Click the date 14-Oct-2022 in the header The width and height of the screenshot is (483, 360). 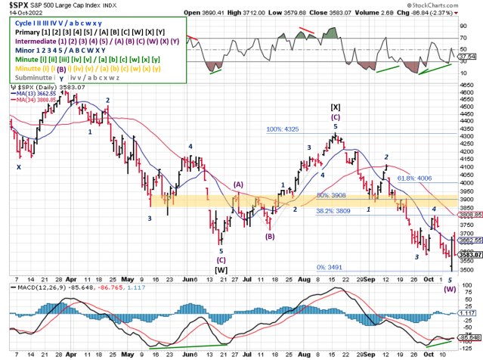coord(17,13)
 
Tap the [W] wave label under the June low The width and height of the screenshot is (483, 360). coord(221,268)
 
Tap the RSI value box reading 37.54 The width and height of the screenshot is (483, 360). coord(471,55)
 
